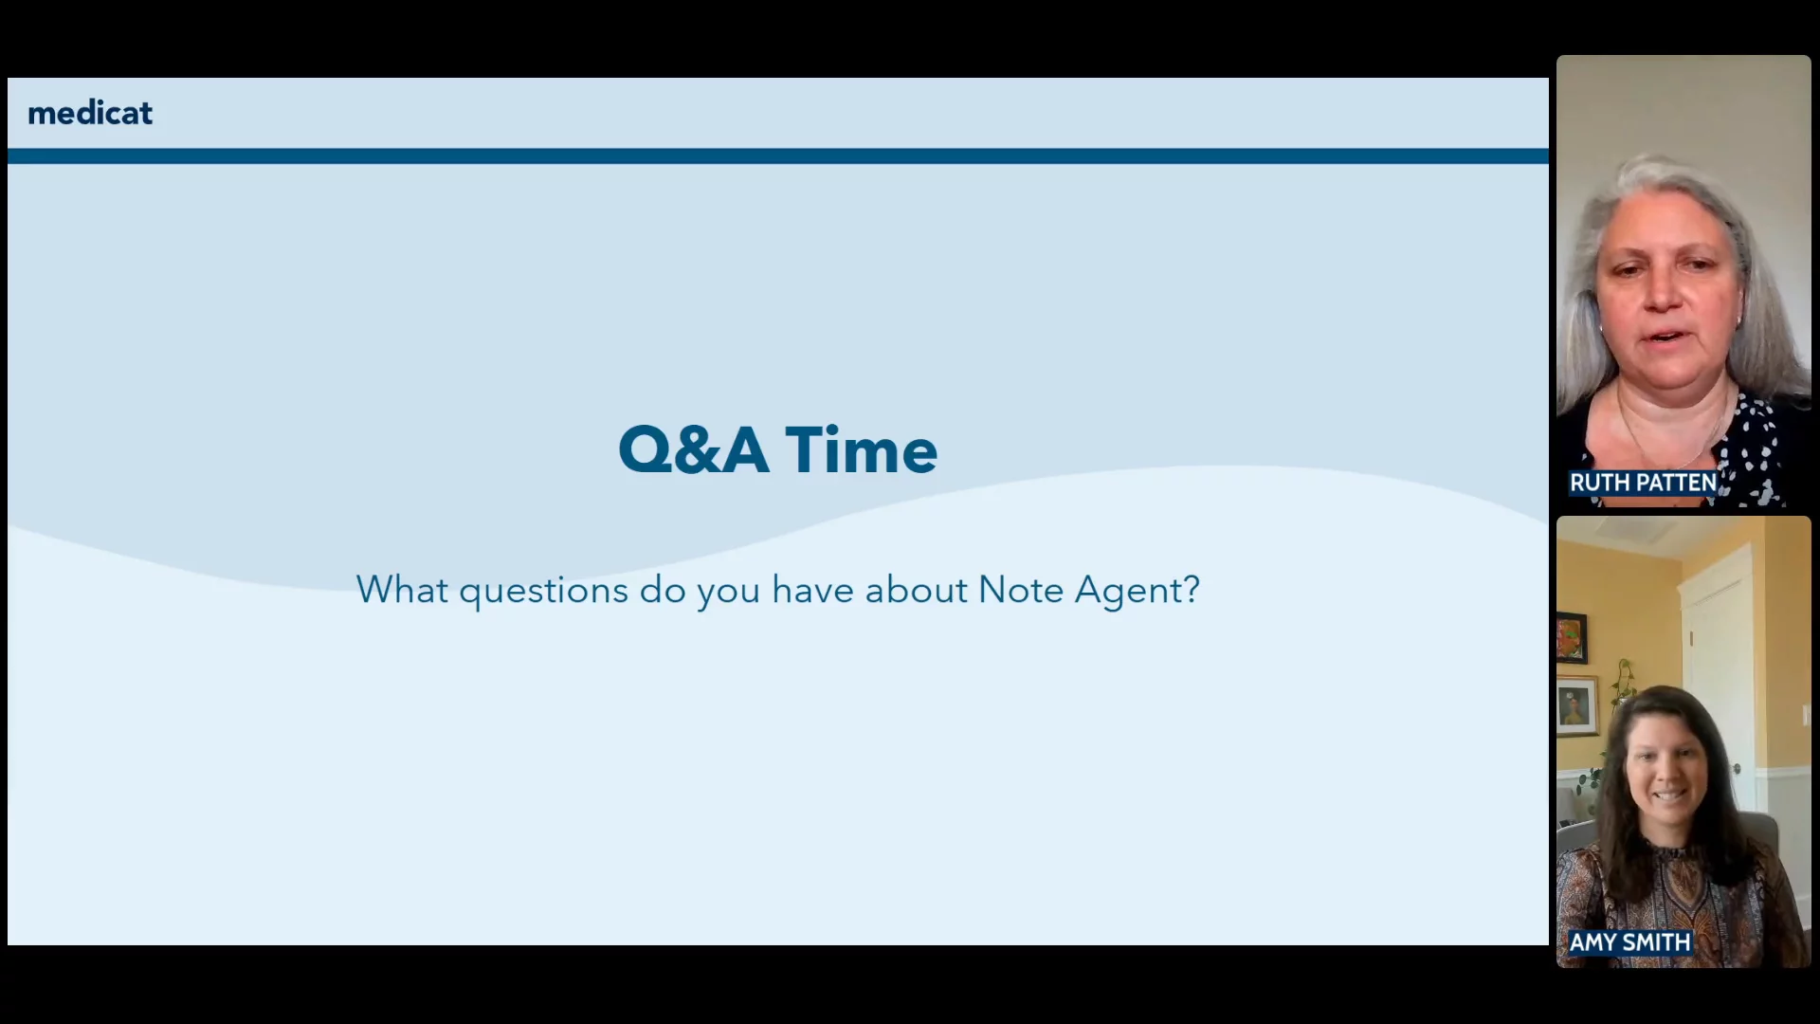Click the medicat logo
coord(90,113)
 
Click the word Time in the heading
coord(862,449)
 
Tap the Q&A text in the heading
coord(693,449)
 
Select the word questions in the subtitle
coord(543,591)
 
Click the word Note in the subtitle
coord(1021,590)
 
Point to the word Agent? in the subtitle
coord(1137,591)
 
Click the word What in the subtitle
coord(402,590)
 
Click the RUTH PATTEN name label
coord(1643,483)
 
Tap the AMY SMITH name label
coord(1629,942)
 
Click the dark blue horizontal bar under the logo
coord(778,155)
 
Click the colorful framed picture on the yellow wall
coord(1571,638)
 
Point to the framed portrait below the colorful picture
coord(1576,705)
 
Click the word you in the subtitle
coord(729,594)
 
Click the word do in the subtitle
coord(663,590)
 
